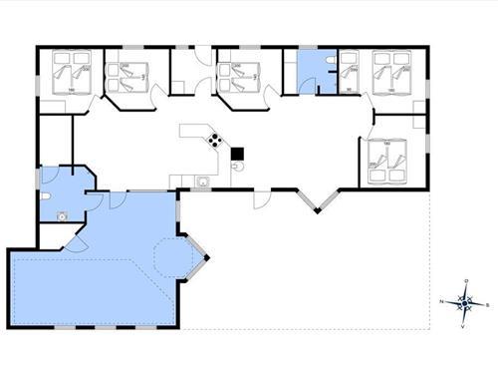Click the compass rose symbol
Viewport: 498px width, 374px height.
point(464,300)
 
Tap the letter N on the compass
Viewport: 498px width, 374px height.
point(442,300)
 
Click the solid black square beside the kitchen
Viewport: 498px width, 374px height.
point(237,153)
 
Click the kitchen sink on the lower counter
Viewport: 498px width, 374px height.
point(202,182)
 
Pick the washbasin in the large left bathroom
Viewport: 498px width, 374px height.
point(62,213)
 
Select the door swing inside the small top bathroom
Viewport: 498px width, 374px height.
point(325,84)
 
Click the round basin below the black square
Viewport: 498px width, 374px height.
point(237,167)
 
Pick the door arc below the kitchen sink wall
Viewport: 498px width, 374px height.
point(261,198)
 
